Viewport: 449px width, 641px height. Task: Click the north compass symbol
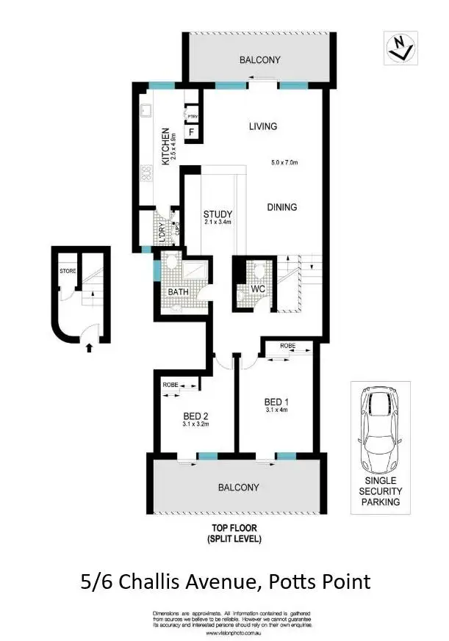400,48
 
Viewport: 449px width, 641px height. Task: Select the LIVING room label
262,126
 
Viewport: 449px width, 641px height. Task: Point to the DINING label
281,207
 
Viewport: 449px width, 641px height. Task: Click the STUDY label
218,215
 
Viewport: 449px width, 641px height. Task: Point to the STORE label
68,271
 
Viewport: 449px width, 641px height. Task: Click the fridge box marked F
192,133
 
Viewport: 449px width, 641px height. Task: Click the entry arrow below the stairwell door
90,348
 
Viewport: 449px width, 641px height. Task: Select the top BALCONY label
260,60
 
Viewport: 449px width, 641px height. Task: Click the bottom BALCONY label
239,487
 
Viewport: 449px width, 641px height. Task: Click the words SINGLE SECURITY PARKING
381,491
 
